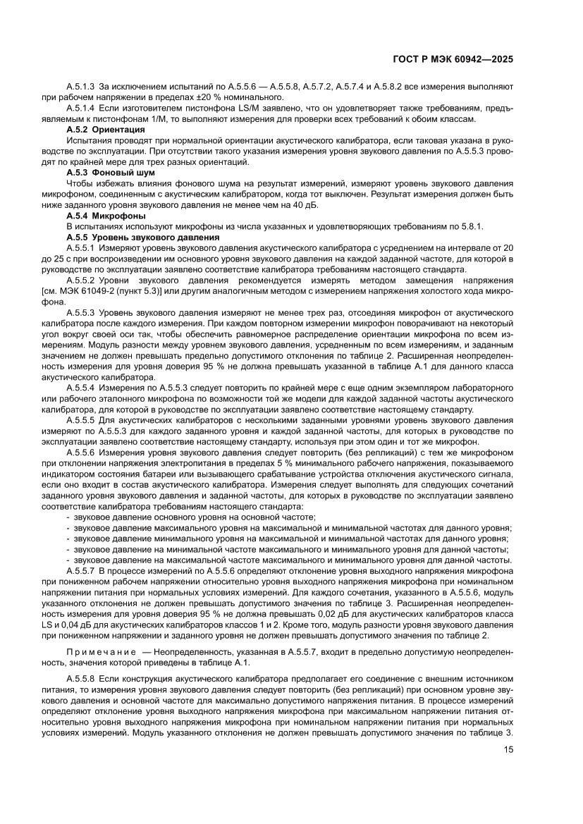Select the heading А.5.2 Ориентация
pos(96,130)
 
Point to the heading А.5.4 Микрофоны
pos(96,215)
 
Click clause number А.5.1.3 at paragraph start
pos(80,86)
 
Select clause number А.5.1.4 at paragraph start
pos(80,109)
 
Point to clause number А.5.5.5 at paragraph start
pos(80,421)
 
